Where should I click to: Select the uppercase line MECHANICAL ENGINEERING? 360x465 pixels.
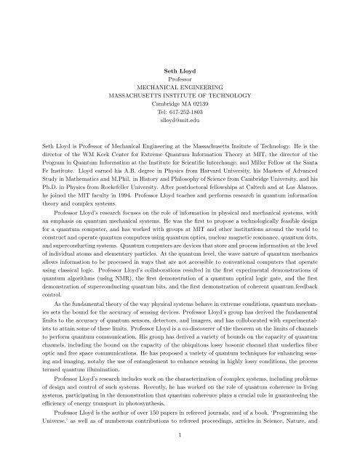point(180,84)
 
